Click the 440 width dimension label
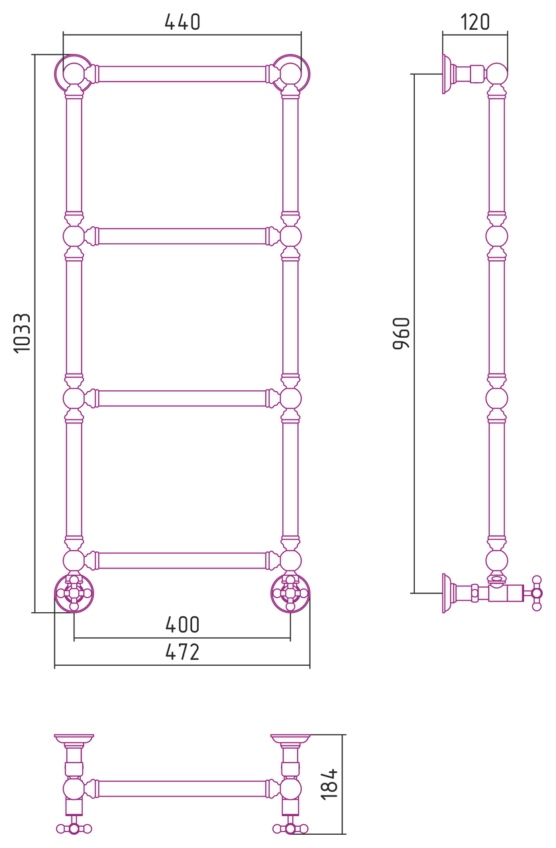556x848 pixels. [x=182, y=22]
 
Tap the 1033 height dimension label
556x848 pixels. [x=22, y=333]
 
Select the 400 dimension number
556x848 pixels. [x=182, y=625]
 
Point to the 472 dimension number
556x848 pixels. [x=182, y=652]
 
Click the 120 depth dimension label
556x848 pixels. [x=475, y=22]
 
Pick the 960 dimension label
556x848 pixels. [x=402, y=333]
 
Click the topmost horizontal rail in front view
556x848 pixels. [x=182, y=74]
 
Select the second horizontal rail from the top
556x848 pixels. [x=182, y=237]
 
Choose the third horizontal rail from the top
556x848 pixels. [x=182, y=398]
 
